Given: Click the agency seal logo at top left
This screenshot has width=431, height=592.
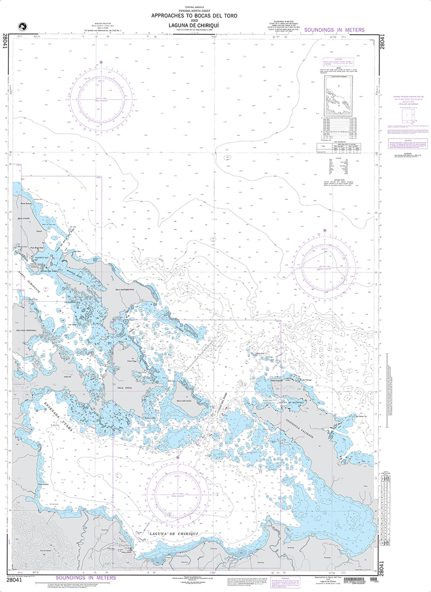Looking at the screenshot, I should [23, 26].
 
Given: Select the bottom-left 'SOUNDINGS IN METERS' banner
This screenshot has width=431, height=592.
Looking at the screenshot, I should [86, 578].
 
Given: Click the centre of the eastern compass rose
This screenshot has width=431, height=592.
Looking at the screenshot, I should [324, 265].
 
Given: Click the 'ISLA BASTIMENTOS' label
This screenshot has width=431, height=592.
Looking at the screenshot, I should [125, 289].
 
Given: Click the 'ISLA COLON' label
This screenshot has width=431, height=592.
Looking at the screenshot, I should [23, 218].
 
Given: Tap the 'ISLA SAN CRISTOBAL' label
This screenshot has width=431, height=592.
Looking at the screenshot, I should [27, 330].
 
